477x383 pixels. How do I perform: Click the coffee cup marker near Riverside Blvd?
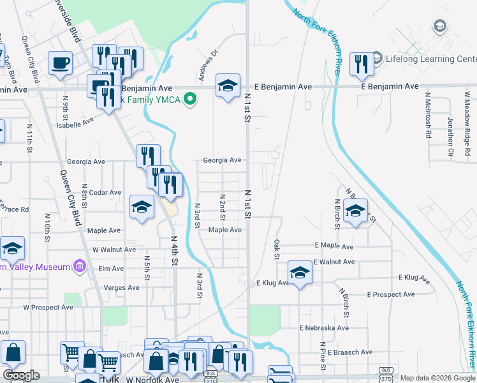(61, 63)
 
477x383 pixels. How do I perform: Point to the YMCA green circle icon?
(189, 99)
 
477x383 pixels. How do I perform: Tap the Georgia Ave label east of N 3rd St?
(222, 161)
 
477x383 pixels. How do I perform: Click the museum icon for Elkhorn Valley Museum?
(80, 265)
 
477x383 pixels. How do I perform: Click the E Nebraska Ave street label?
(324, 327)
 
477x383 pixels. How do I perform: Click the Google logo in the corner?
(21, 375)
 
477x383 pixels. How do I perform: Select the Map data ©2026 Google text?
(437, 378)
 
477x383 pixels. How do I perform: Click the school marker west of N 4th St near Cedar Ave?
(142, 206)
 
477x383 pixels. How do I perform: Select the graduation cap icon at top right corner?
(439, 26)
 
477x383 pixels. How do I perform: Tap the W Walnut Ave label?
(114, 250)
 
